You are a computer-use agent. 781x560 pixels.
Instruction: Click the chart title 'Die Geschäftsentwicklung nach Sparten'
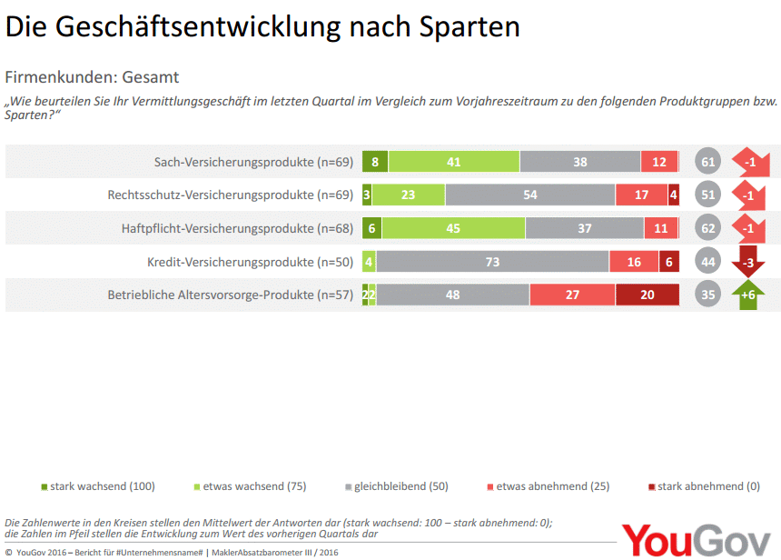[x=262, y=26]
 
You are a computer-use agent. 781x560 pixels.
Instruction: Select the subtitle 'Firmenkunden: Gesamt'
[x=92, y=77]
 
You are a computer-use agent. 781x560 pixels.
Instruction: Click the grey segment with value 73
[x=492, y=262]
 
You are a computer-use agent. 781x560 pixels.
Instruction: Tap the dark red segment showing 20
[x=647, y=295]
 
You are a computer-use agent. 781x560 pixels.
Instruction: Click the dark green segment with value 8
[x=373, y=162]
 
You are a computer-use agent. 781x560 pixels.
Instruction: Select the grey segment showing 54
[x=530, y=195]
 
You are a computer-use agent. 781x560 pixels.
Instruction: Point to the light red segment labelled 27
[x=572, y=295]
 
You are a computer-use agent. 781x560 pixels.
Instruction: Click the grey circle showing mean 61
[x=708, y=162]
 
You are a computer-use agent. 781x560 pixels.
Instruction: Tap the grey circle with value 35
[x=708, y=295]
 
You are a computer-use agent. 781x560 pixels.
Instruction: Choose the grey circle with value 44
[x=708, y=262]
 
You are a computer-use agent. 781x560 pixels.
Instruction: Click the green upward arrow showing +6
[x=748, y=295]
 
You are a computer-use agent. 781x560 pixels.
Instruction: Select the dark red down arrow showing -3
[x=748, y=261]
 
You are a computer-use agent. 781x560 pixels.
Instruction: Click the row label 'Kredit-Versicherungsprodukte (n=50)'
[x=250, y=262]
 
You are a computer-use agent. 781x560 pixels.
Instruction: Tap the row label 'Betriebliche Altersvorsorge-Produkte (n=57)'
[x=231, y=295]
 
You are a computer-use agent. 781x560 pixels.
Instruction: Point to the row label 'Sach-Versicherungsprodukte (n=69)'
[x=253, y=162]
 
